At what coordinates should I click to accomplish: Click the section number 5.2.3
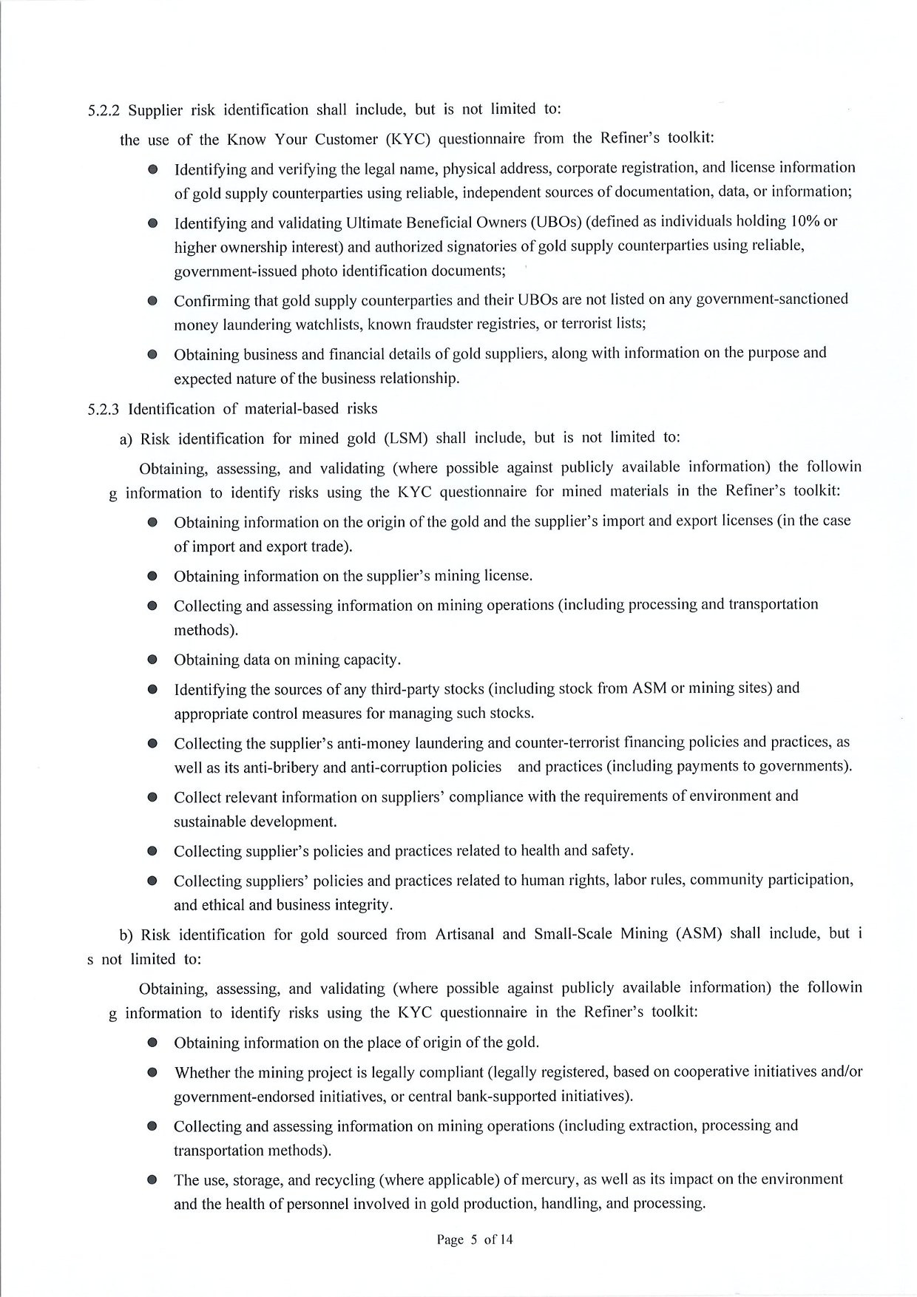pyautogui.click(x=104, y=410)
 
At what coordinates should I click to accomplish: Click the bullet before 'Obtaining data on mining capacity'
pyautogui.click(x=152, y=660)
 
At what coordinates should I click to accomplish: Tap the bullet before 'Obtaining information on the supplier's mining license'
pyautogui.click(x=152, y=576)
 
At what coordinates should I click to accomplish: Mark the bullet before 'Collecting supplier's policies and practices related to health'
pyautogui.click(x=152, y=851)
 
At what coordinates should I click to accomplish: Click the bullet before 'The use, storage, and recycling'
pyautogui.click(x=152, y=1180)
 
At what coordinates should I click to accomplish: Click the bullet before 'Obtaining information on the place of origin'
pyautogui.click(x=152, y=1043)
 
